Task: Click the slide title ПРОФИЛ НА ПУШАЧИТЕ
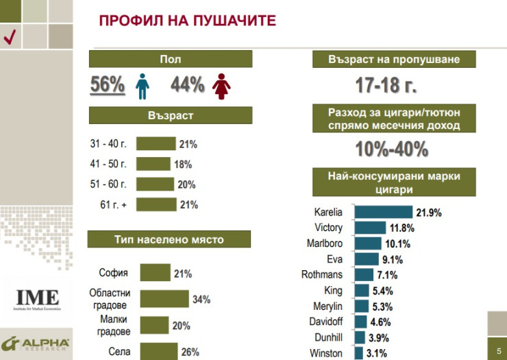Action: (x=187, y=21)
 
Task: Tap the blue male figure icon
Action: (x=142, y=86)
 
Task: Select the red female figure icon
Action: (x=221, y=86)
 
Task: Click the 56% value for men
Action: (x=108, y=85)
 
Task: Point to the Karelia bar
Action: (x=383, y=212)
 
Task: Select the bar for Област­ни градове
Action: (x=164, y=299)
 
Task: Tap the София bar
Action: (x=155, y=273)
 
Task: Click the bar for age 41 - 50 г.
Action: (x=153, y=165)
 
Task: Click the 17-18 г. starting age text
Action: (x=386, y=86)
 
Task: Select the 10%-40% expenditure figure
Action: (x=391, y=149)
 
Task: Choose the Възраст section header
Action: (x=171, y=116)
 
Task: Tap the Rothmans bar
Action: (x=364, y=275)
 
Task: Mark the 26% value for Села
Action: (x=190, y=352)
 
